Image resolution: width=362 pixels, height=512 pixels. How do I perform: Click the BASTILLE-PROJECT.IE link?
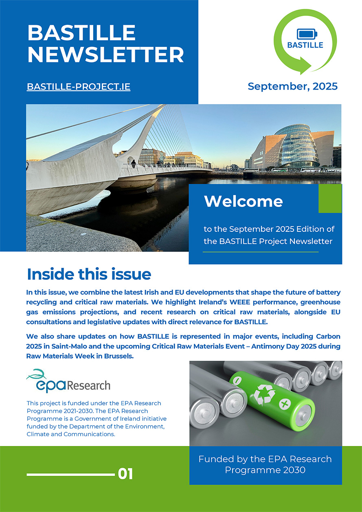click(79, 87)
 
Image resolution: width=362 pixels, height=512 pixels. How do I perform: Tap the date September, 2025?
click(292, 86)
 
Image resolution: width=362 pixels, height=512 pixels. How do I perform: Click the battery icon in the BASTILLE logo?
click(305, 34)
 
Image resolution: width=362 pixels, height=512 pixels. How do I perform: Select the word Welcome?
click(243, 201)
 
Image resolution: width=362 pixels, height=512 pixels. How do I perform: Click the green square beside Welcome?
click(330, 199)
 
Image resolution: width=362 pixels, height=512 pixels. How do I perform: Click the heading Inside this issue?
click(89, 274)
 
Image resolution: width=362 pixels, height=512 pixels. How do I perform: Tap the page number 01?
click(125, 474)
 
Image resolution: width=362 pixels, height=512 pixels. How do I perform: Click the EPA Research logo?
click(68, 381)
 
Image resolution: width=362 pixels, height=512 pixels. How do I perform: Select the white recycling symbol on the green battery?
click(265, 394)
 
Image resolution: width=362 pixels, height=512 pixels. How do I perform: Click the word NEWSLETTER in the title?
click(105, 54)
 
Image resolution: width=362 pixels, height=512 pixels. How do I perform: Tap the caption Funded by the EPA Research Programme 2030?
click(265, 464)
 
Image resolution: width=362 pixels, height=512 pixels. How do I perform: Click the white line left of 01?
click(70, 474)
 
